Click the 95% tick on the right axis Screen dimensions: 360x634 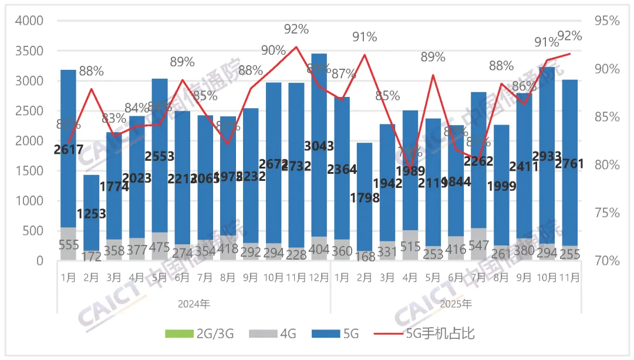click(x=606, y=21)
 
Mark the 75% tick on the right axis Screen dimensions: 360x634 click(x=606, y=213)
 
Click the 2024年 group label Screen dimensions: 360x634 click(x=194, y=304)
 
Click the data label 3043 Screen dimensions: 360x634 click(x=319, y=146)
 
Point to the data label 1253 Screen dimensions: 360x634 click(x=91, y=214)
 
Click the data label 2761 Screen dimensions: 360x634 click(x=570, y=164)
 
